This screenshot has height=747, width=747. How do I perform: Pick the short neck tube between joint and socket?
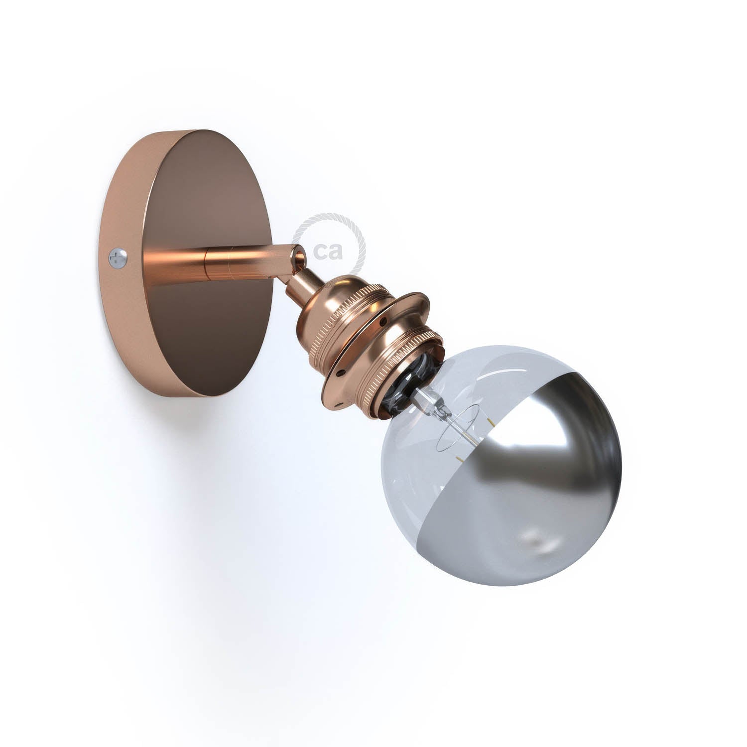(x=294, y=281)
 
